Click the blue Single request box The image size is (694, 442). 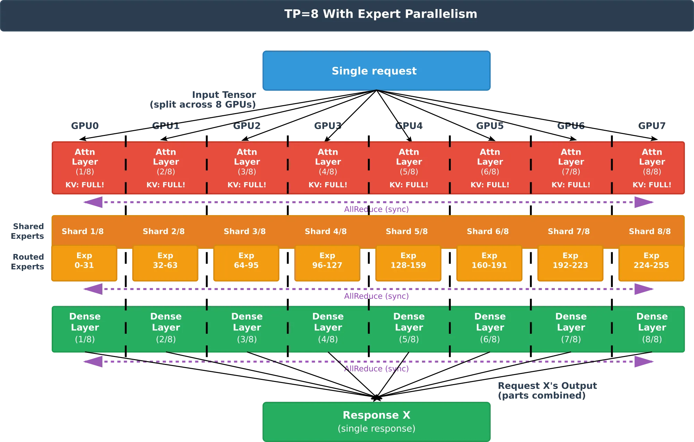[x=376, y=71]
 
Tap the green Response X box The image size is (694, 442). [x=376, y=422]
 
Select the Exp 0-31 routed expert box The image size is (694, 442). [x=84, y=263]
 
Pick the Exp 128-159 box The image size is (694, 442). [x=408, y=263]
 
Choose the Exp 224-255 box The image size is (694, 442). [x=651, y=263]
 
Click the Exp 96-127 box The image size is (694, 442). [x=327, y=263]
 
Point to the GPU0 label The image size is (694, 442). [x=85, y=126]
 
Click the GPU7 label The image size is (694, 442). [x=652, y=126]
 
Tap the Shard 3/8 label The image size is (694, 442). [x=245, y=231]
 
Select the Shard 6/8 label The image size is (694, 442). [x=488, y=231]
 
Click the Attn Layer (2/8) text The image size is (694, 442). [x=166, y=162]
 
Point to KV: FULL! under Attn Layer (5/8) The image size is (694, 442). [x=409, y=185]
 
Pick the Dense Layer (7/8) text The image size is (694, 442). [x=571, y=328]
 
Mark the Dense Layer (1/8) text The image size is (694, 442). [x=85, y=328]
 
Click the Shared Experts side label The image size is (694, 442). [x=27, y=231]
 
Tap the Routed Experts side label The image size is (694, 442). [x=27, y=262]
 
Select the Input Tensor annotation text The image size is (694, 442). [x=203, y=100]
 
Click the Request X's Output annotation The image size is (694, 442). [x=548, y=391]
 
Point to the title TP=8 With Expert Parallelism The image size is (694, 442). [x=381, y=14]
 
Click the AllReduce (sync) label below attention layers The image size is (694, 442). [x=376, y=209]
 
